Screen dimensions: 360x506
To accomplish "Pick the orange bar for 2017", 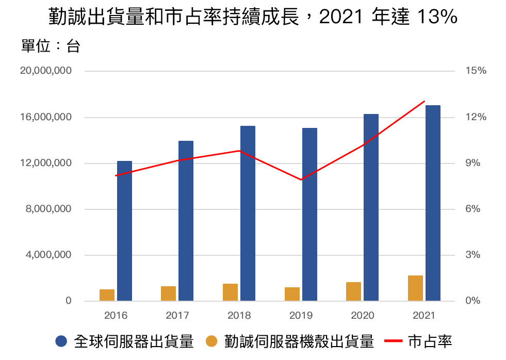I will pyautogui.click(x=168, y=293).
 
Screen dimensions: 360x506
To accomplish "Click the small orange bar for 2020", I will pyautogui.click(x=353, y=291).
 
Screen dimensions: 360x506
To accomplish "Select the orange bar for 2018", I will pyautogui.click(x=230, y=292).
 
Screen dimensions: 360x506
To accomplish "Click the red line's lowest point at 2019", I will pyautogui.click(x=301, y=179).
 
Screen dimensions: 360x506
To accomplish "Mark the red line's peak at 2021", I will pyautogui.click(x=424, y=101).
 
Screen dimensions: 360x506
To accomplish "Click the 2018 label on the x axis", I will pyautogui.click(x=239, y=315).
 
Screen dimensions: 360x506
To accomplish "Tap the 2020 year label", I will pyautogui.click(x=363, y=315).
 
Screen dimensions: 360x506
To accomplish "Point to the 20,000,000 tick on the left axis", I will pyautogui.click(x=46, y=71).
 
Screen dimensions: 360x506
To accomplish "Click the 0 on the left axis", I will pyautogui.click(x=68, y=301).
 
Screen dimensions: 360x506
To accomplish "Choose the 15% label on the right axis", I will pyautogui.click(x=476, y=71).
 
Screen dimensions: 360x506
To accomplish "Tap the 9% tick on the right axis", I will pyautogui.click(x=473, y=163).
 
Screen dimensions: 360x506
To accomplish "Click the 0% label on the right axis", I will pyautogui.click(x=473, y=301).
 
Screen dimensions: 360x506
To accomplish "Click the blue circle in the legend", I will pyautogui.click(x=61, y=341).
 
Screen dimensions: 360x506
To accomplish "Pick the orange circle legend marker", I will pyautogui.click(x=211, y=341).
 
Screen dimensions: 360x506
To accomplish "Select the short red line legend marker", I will pyautogui.click(x=394, y=341).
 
